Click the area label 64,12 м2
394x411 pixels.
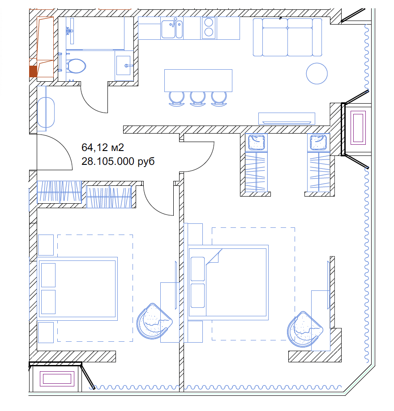coord(103,147)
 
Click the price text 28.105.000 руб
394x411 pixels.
coord(118,161)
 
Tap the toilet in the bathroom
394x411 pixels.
coord(76,66)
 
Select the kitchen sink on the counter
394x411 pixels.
coord(172,29)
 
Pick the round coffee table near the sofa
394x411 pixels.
coord(317,74)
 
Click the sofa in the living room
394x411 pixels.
coord(287,37)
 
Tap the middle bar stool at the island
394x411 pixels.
coord(197,99)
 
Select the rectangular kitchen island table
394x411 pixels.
coord(198,80)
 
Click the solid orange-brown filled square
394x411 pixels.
coord(33,71)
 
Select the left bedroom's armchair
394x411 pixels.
coord(154,321)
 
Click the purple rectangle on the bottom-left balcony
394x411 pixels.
coord(57,379)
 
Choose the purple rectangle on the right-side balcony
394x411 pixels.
coord(358,128)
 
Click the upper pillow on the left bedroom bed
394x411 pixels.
coord(48,275)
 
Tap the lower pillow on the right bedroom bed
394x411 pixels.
coord(197,295)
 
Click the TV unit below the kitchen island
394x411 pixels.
coord(287,118)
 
